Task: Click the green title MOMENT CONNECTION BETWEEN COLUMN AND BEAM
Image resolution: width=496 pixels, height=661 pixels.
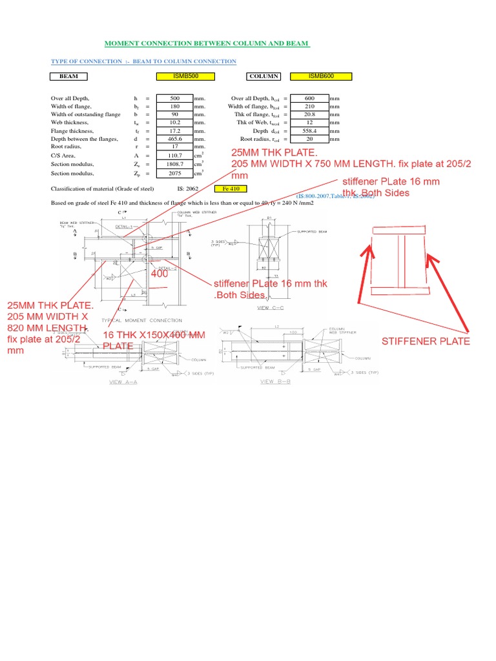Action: pos(207,44)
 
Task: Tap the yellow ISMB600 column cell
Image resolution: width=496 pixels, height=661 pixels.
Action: pos(321,76)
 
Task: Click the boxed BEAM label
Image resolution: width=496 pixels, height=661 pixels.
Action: pos(69,76)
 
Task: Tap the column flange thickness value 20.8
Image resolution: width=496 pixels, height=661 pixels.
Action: pos(309,114)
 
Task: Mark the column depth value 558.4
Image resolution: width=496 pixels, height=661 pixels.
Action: pos(309,130)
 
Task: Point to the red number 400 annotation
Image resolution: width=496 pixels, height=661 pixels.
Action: pos(160,274)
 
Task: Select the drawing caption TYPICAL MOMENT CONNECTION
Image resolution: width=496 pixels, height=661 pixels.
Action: pos(138,320)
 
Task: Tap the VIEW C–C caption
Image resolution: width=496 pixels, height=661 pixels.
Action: pos(271,308)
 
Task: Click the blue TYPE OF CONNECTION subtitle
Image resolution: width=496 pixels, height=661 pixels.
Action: pos(143,61)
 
